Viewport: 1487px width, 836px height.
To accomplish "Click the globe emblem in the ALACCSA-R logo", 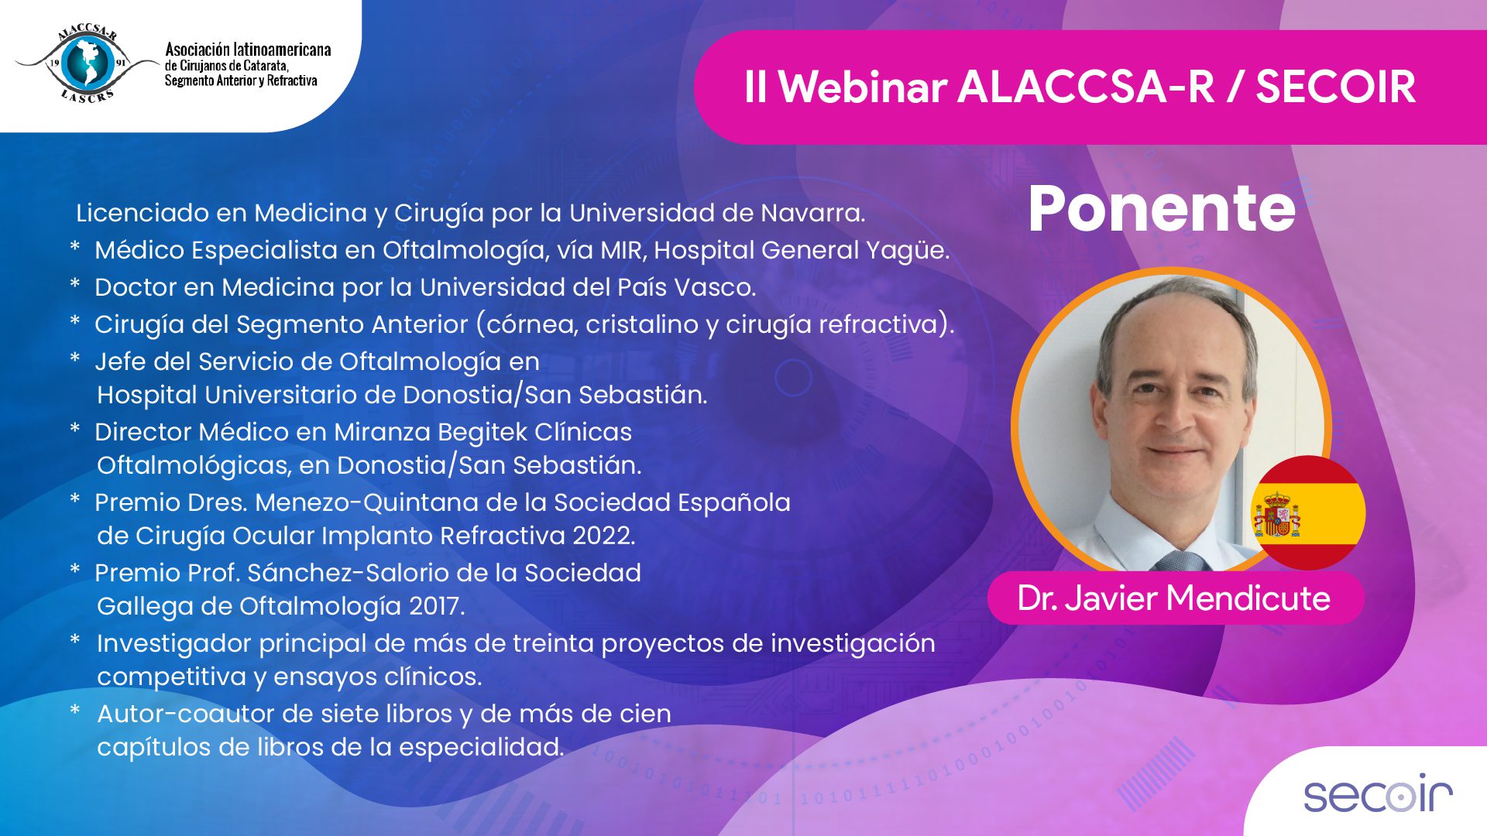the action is [87, 63].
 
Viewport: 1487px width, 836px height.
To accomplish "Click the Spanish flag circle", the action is [1308, 513].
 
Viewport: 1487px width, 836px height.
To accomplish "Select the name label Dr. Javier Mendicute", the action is [1174, 598].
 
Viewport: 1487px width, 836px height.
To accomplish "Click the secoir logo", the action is [1378, 794].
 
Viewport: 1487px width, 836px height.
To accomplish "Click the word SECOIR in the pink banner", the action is [1336, 87].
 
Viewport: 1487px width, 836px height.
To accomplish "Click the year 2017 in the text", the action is [437, 606].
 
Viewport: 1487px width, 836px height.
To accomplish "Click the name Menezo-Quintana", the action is [370, 502].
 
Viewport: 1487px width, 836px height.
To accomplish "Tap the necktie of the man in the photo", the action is [1182, 560].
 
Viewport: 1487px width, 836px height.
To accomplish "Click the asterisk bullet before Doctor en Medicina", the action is [75, 283].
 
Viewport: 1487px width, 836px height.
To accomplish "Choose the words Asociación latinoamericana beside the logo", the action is [248, 50].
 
